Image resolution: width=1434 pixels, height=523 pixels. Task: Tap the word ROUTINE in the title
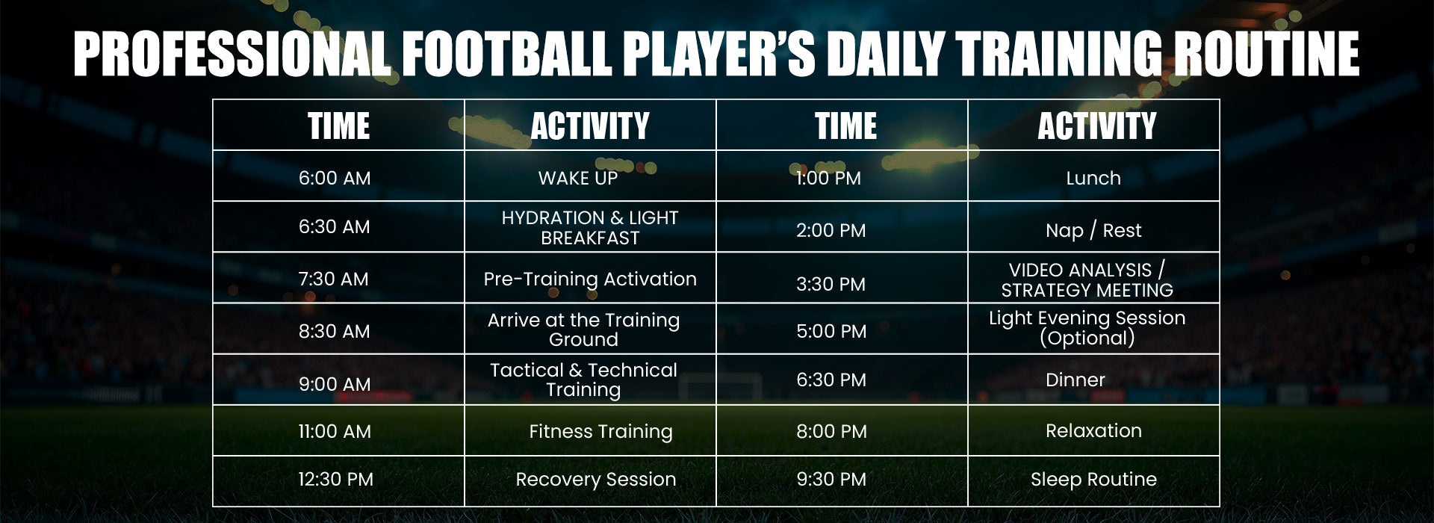click(x=1266, y=54)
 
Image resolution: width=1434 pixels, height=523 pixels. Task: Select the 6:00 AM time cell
click(x=335, y=178)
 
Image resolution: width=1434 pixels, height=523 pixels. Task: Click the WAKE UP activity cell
click(x=578, y=178)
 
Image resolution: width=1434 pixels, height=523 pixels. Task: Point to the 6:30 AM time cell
click(x=335, y=226)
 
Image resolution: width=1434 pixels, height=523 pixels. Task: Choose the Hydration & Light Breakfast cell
click(x=590, y=227)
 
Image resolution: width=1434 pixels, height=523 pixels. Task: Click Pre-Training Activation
click(x=590, y=279)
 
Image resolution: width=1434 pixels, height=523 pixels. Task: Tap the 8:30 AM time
click(x=335, y=331)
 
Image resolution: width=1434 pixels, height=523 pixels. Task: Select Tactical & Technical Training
click(x=583, y=380)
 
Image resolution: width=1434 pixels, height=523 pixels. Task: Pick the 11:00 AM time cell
click(x=335, y=431)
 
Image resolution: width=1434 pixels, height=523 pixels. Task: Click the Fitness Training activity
click(x=600, y=431)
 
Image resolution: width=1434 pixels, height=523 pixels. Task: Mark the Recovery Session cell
click(x=595, y=479)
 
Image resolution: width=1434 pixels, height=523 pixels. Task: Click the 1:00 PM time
click(x=828, y=178)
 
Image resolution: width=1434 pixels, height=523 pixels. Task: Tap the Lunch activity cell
click(x=1093, y=178)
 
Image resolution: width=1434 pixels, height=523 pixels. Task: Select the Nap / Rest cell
click(x=1093, y=230)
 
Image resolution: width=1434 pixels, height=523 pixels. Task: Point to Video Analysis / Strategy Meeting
click(x=1087, y=279)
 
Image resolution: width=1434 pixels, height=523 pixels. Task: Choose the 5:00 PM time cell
click(x=831, y=331)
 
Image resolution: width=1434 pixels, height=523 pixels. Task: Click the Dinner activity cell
click(x=1075, y=380)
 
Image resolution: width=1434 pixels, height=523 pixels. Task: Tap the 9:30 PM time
click(x=831, y=479)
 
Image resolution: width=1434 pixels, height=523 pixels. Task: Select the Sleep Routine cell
click(x=1093, y=479)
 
